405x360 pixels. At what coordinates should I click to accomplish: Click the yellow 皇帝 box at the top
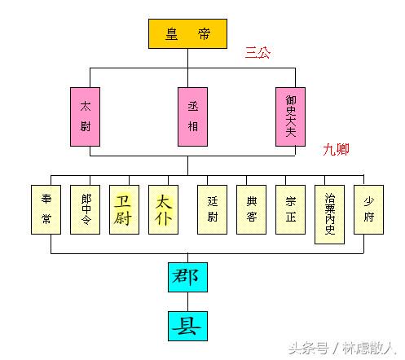coord(187,34)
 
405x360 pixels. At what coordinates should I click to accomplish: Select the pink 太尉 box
coord(85,116)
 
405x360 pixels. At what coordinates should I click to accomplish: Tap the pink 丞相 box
coord(192,116)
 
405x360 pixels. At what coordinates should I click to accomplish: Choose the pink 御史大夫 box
coord(290,116)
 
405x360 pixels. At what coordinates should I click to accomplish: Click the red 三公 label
coord(258,53)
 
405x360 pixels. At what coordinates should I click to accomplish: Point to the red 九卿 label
coord(336,150)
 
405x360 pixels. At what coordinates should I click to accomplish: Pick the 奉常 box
coord(46,209)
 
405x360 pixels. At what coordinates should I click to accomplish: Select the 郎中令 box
coord(85,209)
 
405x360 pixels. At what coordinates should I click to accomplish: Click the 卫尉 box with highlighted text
coord(124,209)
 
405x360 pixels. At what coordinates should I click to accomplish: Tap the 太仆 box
coord(163,209)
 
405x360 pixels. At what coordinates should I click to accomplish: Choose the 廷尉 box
coord(212,209)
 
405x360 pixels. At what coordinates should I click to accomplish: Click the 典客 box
coord(251,209)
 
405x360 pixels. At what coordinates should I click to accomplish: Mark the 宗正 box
coord(290,209)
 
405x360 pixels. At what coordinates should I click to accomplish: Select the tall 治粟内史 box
coord(329,214)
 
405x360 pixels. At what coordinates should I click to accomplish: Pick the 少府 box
coord(368,209)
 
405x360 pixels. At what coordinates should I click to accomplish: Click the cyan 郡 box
coord(187,277)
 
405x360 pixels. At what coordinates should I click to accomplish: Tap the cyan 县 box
coord(187,326)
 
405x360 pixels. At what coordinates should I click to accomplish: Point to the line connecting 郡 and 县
coord(187,301)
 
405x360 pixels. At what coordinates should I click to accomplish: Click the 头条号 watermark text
coord(309,349)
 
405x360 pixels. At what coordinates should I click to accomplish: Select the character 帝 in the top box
coord(204,34)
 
